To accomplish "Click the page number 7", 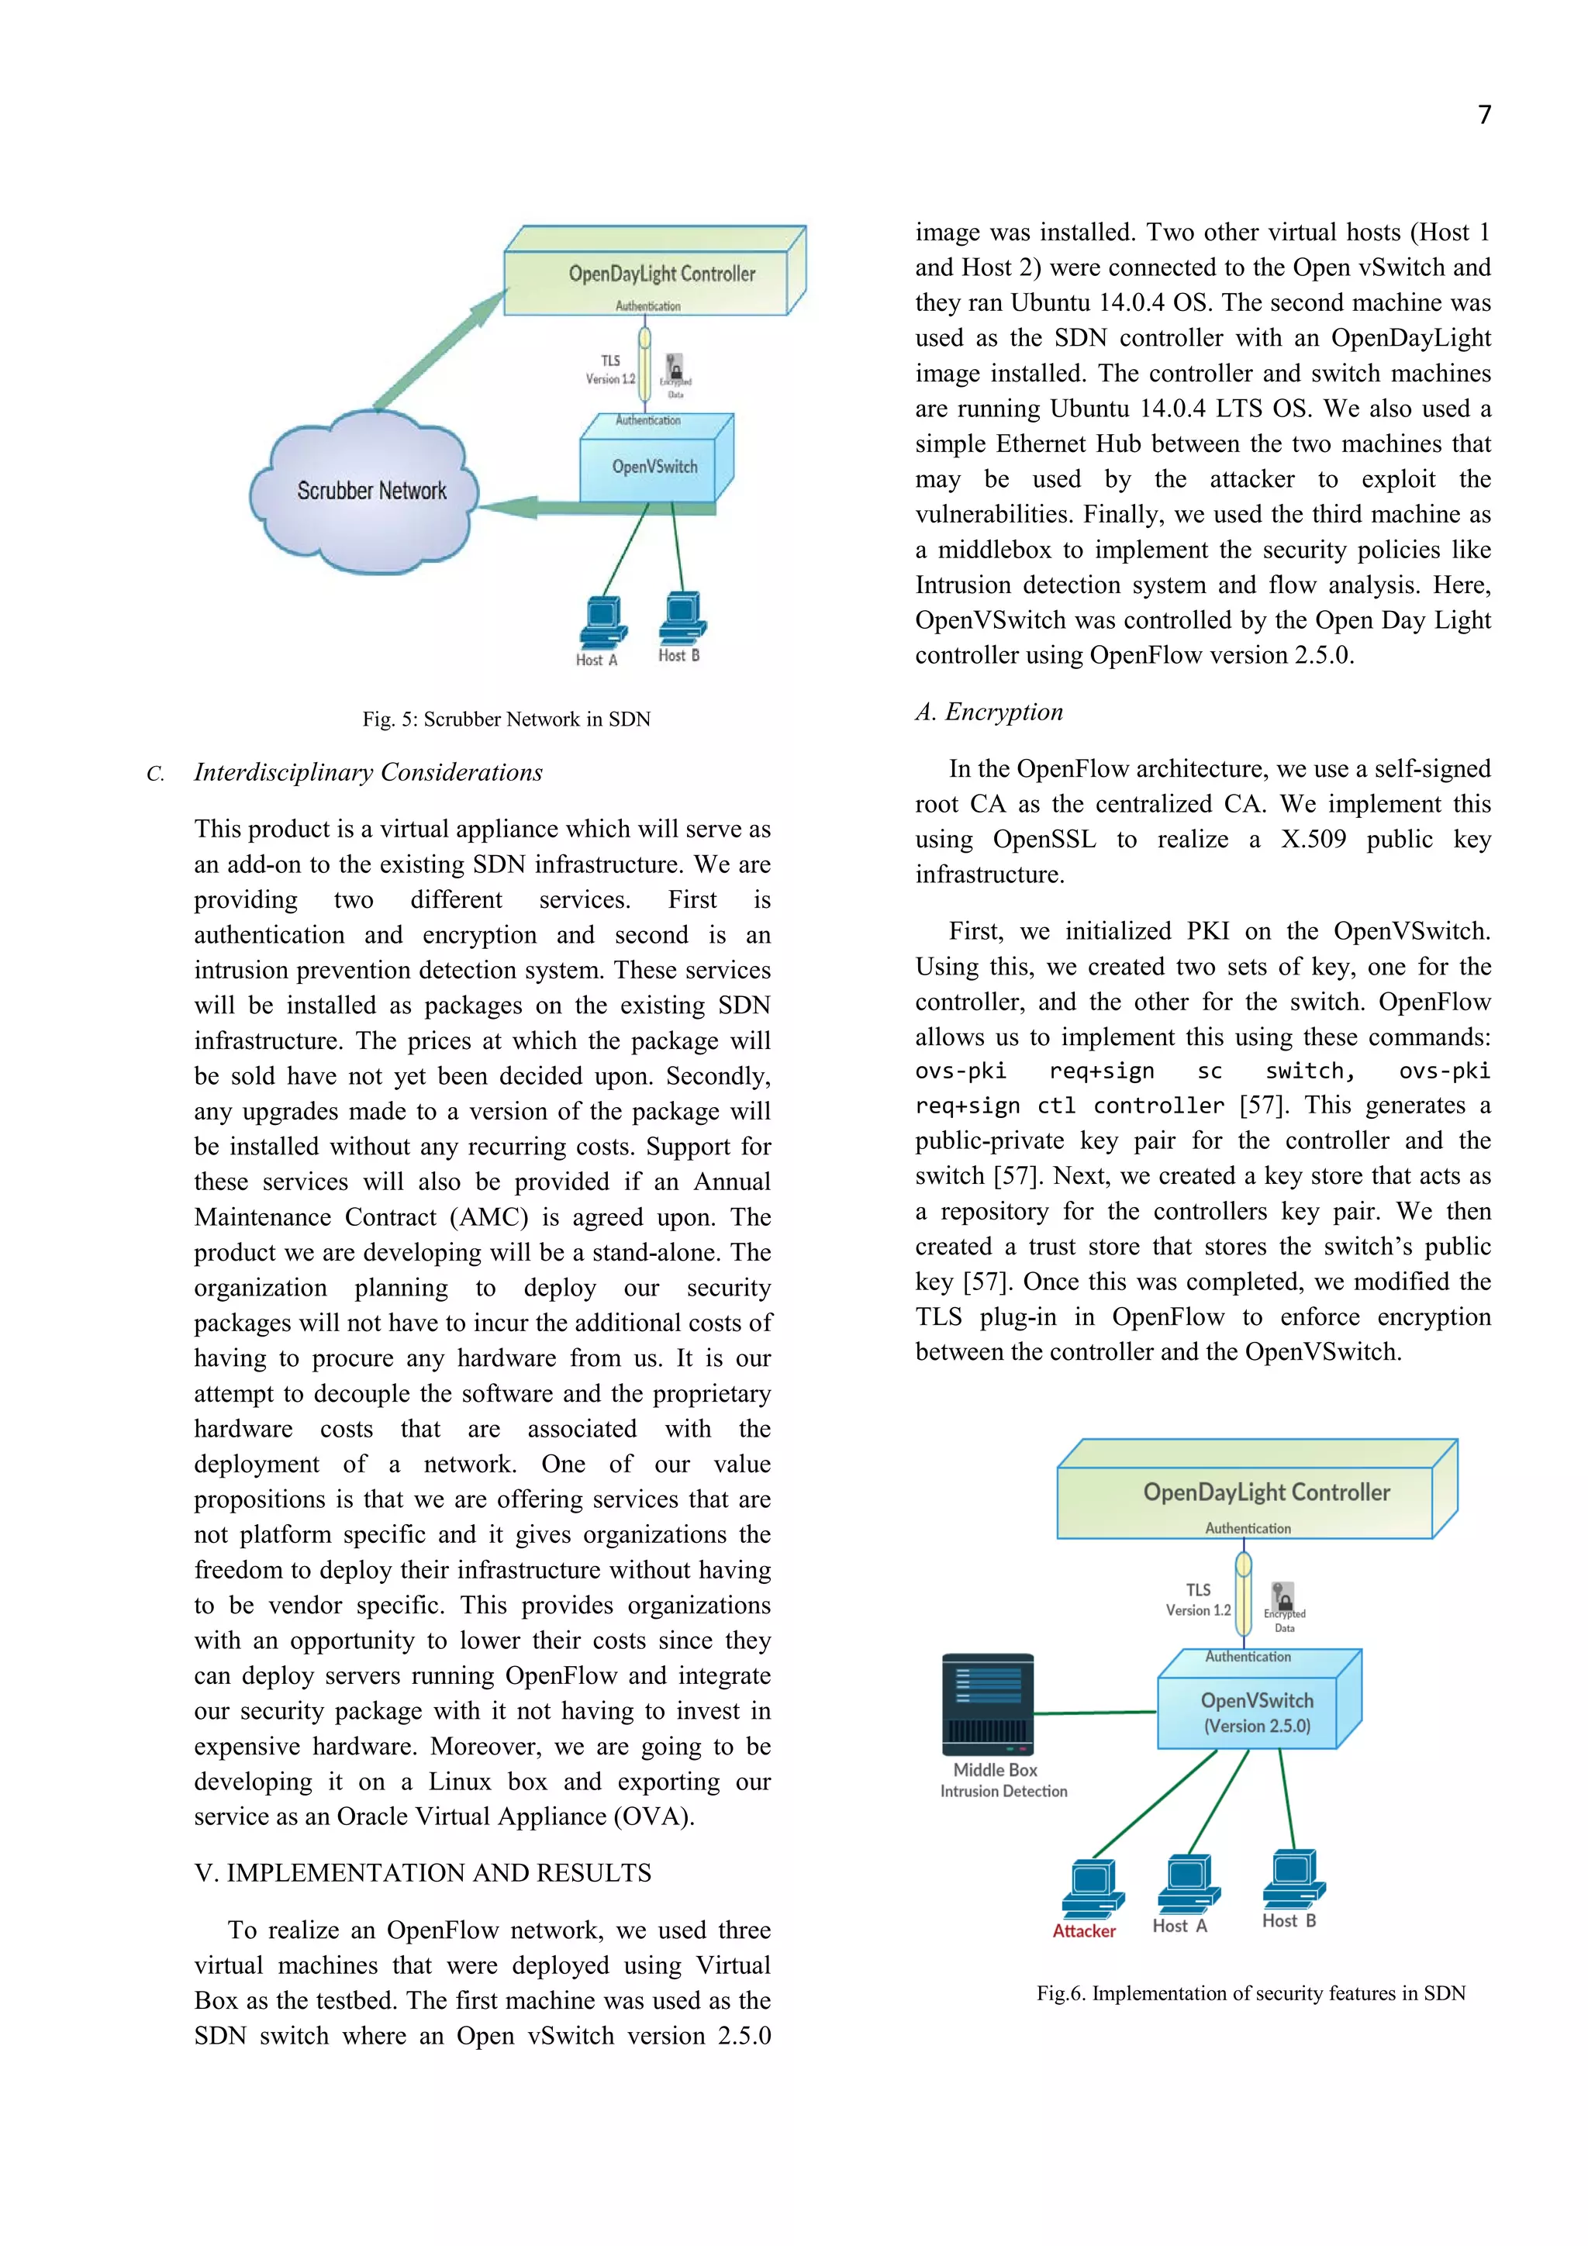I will coord(1483,116).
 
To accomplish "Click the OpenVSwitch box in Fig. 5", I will coord(654,467).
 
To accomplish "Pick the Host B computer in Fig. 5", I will coord(682,617).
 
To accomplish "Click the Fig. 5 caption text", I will coord(506,719).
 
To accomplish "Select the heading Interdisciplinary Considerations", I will coord(368,773).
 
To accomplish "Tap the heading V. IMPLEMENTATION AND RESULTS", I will coord(423,1872).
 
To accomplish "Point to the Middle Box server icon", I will coord(987,1705).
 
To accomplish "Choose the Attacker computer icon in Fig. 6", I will coord(1092,1889).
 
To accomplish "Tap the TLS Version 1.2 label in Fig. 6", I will coord(1198,1600).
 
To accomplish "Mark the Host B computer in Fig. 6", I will coord(1293,1879).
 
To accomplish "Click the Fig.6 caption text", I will coord(1251,1993).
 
